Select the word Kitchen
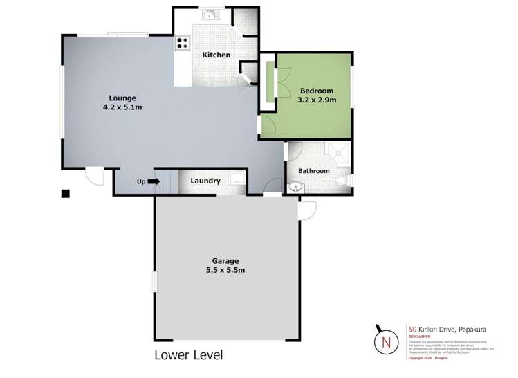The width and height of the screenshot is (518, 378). click(x=216, y=55)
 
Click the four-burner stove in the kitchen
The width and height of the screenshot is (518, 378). click(x=183, y=43)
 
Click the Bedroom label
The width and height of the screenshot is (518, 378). click(x=317, y=91)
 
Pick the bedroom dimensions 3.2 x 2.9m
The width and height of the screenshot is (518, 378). click(x=317, y=100)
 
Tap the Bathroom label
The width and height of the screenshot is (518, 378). click(x=313, y=171)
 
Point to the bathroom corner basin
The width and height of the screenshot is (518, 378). click(x=296, y=185)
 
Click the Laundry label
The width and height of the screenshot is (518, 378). click(x=206, y=181)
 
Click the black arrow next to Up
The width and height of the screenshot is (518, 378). click(x=154, y=182)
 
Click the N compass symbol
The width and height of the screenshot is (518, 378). click(x=386, y=341)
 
